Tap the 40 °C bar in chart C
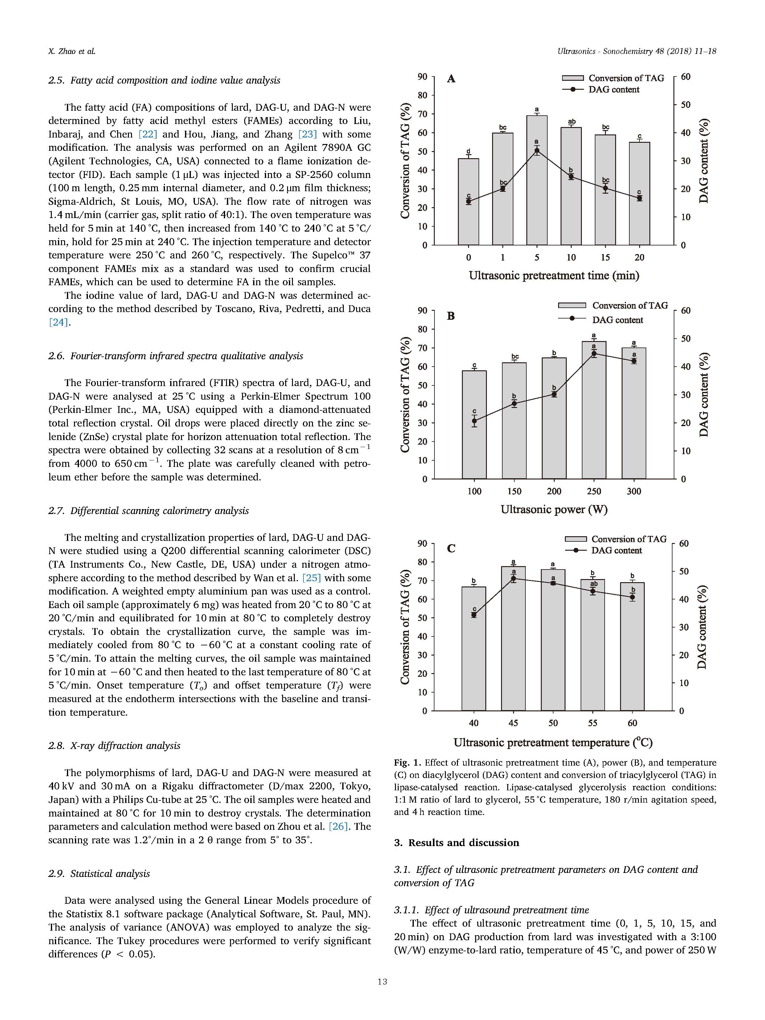474,655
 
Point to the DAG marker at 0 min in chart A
468,201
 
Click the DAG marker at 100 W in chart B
474,421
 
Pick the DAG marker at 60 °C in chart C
632,597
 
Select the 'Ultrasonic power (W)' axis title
554,510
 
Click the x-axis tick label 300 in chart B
634,491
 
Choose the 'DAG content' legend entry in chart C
616,551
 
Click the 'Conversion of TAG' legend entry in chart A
626,78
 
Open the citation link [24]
59,322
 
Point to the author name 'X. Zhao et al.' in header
72,51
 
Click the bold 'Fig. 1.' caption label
408,763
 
